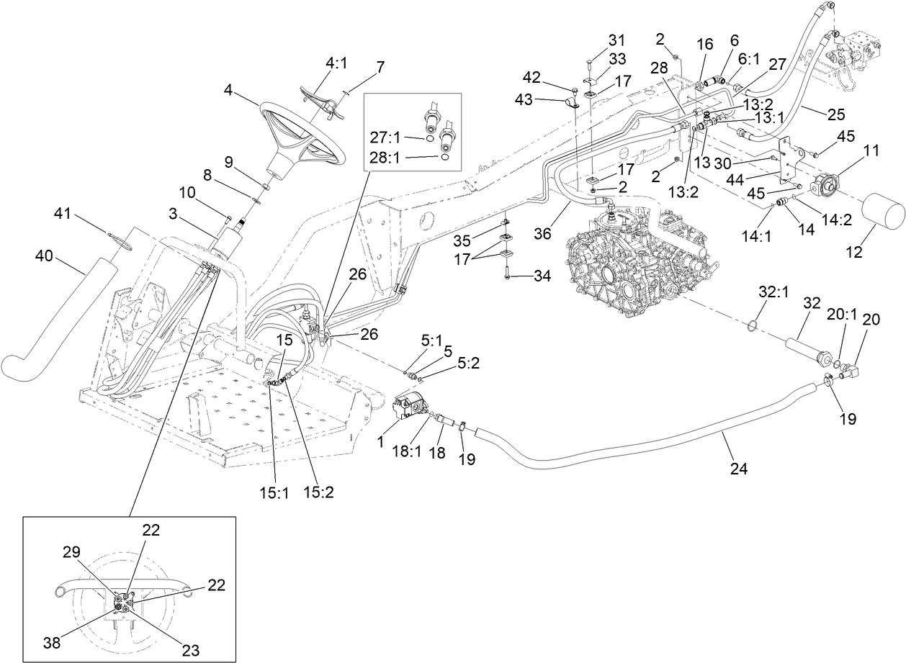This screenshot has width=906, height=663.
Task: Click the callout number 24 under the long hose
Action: click(738, 469)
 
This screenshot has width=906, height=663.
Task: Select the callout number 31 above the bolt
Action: click(616, 39)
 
